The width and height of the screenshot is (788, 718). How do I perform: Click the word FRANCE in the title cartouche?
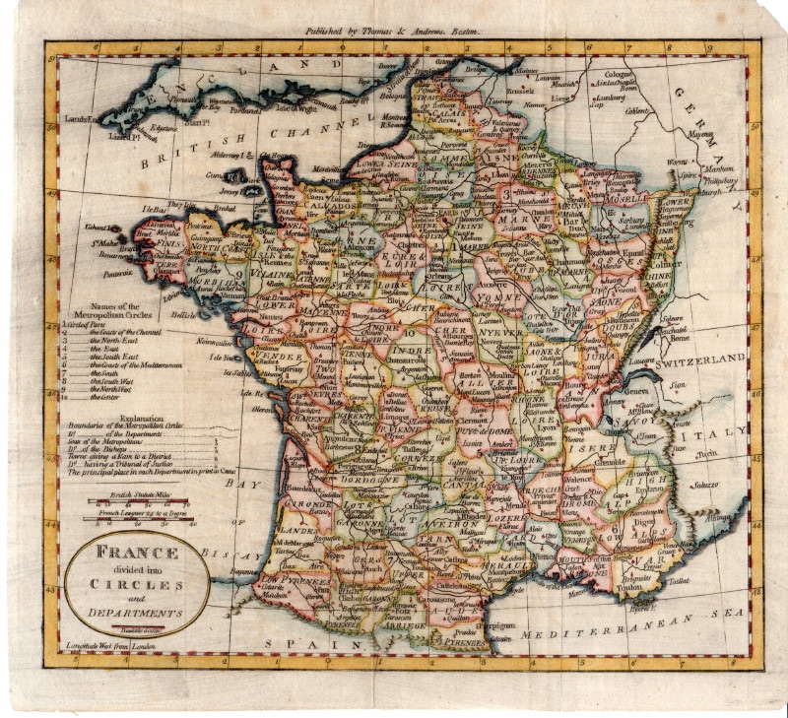click(137, 553)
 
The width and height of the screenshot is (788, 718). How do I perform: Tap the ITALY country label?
click(728, 433)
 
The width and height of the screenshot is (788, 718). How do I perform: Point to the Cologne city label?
click(621, 73)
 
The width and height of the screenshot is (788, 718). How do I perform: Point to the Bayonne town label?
click(243, 570)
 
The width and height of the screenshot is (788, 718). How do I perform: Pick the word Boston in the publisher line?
click(461, 32)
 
